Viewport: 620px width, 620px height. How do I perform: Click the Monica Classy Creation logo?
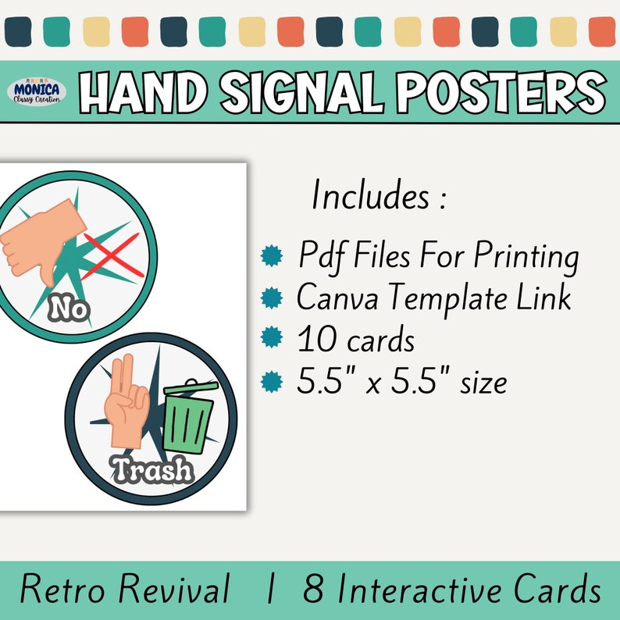(x=39, y=92)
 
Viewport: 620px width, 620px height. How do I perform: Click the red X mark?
(x=112, y=254)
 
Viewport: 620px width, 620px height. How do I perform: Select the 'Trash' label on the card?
(x=152, y=470)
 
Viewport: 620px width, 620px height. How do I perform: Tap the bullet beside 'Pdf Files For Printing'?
(x=271, y=256)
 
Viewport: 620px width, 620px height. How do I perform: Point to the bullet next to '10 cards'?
(x=271, y=340)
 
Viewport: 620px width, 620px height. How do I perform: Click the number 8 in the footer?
(x=313, y=590)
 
